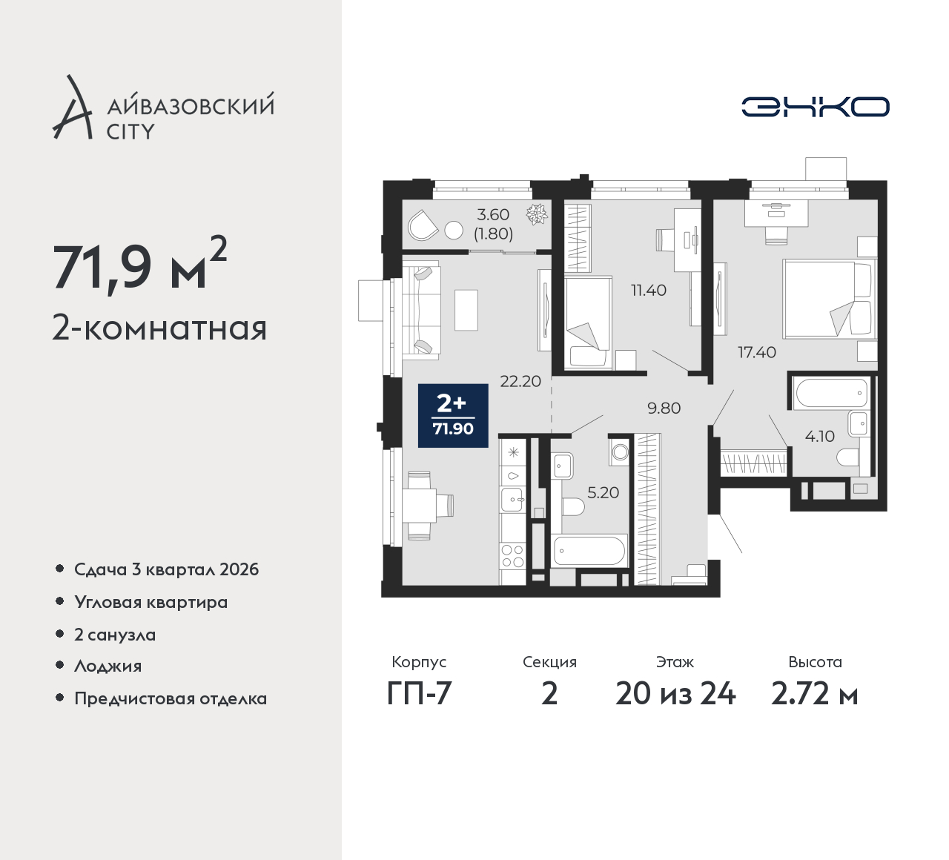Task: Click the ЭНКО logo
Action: pos(815,107)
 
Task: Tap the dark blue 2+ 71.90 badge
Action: pos(453,415)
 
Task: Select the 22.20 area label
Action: pos(520,381)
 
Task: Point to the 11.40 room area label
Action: pos(649,290)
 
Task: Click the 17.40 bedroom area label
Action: pos(757,352)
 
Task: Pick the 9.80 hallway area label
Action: pos(664,408)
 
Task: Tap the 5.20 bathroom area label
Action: pos(604,492)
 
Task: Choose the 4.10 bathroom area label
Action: pos(820,436)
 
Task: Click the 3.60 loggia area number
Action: pos(493,215)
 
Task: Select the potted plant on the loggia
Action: pos(537,214)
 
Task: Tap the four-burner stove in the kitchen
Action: pos(513,555)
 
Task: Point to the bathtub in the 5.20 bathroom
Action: pos(589,550)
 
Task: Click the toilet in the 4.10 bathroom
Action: pos(850,457)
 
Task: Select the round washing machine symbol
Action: pos(620,452)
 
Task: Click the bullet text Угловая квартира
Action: pos(151,602)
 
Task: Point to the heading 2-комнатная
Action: pos(159,329)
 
